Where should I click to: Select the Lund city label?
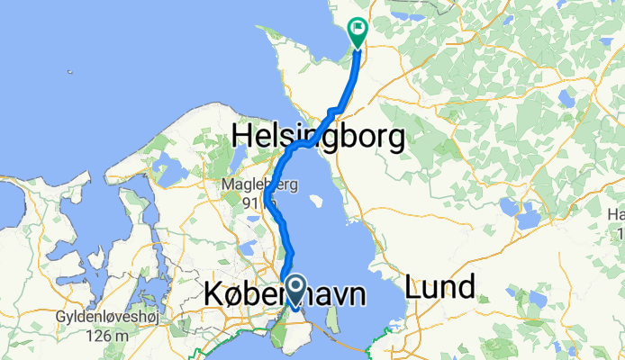(x=440, y=288)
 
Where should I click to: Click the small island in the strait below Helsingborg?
(x=316, y=200)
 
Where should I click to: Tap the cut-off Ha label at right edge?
(x=617, y=214)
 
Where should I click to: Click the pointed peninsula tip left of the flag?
(x=261, y=29)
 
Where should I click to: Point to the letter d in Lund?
(x=466, y=288)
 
